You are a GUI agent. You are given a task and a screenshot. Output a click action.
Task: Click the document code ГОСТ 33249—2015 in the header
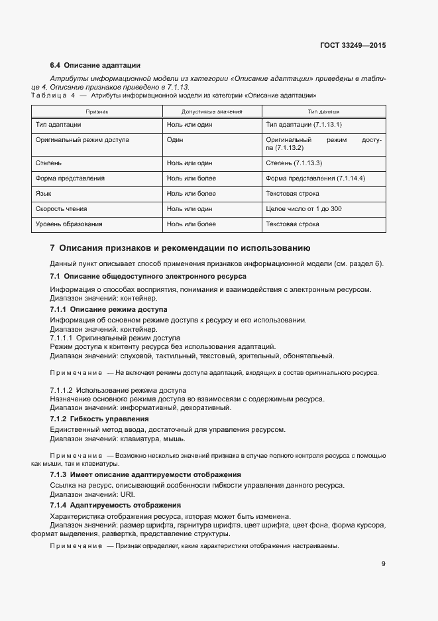tap(353, 46)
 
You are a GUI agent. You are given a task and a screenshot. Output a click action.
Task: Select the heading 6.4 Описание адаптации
tap(95, 65)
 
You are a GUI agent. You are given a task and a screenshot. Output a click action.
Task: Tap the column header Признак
tap(97, 111)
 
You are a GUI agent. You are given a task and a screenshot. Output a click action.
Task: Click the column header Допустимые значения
tap(211, 111)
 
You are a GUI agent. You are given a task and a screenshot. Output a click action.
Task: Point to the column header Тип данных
tap(323, 111)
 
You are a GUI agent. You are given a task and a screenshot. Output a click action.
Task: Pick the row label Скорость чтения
tap(62, 209)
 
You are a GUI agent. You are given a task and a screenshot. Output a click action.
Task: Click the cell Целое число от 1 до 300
tap(303, 209)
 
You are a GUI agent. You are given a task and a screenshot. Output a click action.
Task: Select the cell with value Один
tap(175, 141)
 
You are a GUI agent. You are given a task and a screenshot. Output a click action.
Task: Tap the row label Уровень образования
tap(69, 224)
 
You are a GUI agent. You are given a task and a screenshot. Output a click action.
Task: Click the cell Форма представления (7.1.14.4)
tap(315, 178)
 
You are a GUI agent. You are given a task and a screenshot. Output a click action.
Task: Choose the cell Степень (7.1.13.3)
tap(294, 163)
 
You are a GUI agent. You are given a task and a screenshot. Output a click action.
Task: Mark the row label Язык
tap(43, 194)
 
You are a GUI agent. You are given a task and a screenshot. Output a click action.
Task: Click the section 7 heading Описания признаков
tap(180, 249)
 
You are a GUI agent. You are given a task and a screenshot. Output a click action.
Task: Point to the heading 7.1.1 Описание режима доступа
tap(109, 310)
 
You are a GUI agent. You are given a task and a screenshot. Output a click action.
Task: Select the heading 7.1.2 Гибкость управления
tap(99, 419)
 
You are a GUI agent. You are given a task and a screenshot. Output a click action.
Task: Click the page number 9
tap(384, 565)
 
